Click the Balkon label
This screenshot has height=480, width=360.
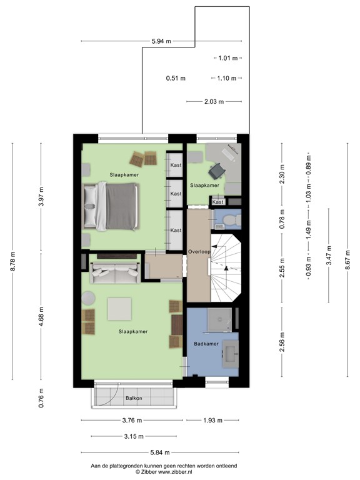pyautogui.click(x=132, y=398)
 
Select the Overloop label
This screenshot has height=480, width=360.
pyautogui.click(x=198, y=251)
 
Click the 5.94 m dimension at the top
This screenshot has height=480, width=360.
pyautogui.click(x=161, y=41)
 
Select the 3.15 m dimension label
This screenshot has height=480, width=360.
pyautogui.click(x=133, y=436)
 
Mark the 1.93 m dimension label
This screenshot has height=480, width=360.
pyautogui.click(x=213, y=420)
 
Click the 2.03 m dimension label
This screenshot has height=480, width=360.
pyautogui.click(x=214, y=101)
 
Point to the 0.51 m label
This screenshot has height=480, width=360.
pyautogui.click(x=176, y=78)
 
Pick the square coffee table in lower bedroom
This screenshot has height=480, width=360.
pyautogui.click(x=119, y=309)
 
